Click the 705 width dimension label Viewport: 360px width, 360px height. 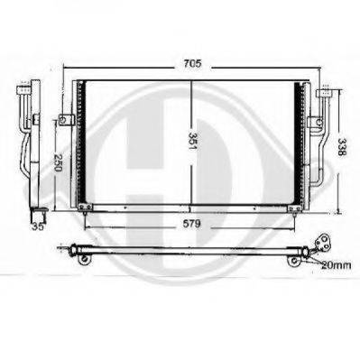tap(192, 64)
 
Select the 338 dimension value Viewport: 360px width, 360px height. tap(342, 147)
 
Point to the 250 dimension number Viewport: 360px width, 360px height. tap(57, 162)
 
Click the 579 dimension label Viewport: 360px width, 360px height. tap(191, 224)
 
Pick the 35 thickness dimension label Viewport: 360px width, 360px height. tap(38, 226)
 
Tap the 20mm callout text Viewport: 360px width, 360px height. tap(336, 265)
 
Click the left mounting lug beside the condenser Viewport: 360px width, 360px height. tap(66, 120)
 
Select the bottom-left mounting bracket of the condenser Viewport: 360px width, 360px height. tap(85, 208)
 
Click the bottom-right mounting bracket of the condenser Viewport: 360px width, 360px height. tap(294, 208)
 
